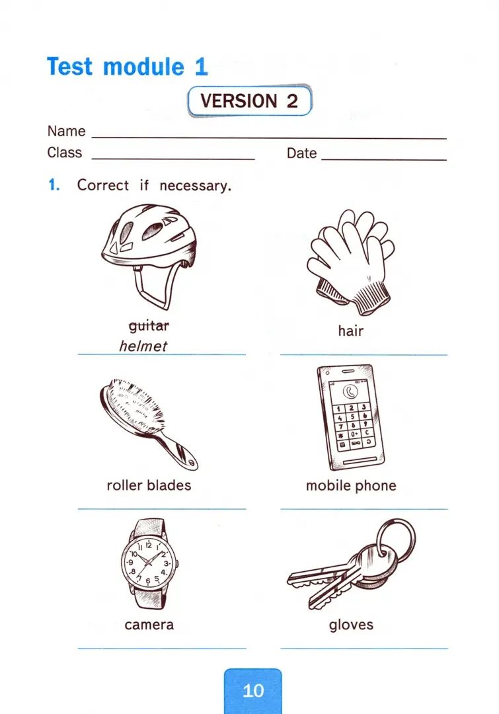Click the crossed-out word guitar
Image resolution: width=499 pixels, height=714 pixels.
[149, 325]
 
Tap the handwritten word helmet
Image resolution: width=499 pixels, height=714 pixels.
[143, 346]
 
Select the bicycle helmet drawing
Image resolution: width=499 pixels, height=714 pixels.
[149, 258]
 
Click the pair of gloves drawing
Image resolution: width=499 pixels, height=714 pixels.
[350, 262]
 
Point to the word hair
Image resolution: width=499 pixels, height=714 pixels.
[350, 330]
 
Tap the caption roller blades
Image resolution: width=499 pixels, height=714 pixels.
[149, 485]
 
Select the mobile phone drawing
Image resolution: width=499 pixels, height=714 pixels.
[350, 416]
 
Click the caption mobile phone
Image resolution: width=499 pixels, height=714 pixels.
[351, 485]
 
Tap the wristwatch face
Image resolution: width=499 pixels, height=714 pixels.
[149, 563]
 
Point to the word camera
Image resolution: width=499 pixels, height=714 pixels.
[149, 625]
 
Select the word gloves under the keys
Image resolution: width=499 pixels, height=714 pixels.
[351, 625]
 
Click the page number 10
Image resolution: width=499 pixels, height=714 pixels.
[253, 691]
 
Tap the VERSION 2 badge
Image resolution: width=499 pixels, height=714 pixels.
[250, 100]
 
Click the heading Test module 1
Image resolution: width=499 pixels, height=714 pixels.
[128, 67]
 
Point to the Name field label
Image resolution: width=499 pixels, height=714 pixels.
[67, 131]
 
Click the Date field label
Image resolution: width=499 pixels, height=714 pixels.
[301, 153]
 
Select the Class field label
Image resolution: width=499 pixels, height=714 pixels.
[65, 152]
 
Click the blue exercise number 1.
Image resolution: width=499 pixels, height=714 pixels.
[54, 185]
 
